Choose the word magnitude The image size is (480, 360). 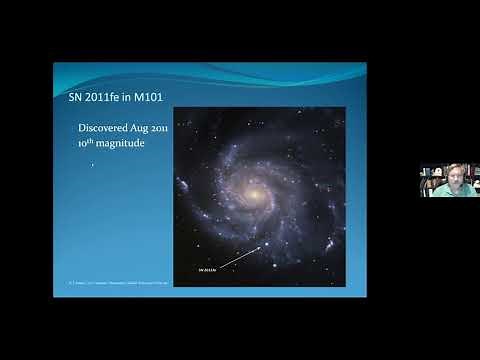coord(123,146)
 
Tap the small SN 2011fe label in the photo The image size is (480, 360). coord(208,269)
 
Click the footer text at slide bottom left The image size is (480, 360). coord(110,283)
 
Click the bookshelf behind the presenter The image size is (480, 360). coord(429,178)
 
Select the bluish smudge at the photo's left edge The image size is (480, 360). coord(183,186)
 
